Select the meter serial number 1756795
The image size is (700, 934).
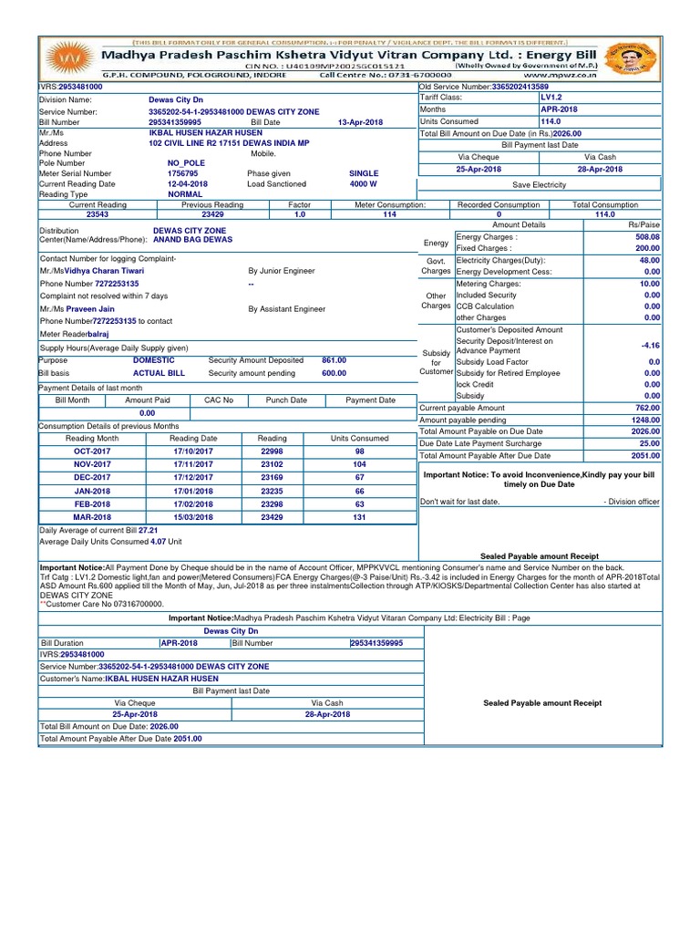182,172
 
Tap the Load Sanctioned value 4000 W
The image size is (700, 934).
364,183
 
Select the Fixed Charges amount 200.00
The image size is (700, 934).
647,248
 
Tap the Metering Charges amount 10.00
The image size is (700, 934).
649,284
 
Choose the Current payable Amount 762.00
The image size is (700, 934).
647,408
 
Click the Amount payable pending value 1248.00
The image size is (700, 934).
645,420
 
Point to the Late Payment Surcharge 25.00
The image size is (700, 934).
649,442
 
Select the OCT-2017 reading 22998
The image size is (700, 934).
273,451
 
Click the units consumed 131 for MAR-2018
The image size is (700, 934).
359,516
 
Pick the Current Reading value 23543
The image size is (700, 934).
98,214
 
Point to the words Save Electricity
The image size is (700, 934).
539,184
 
